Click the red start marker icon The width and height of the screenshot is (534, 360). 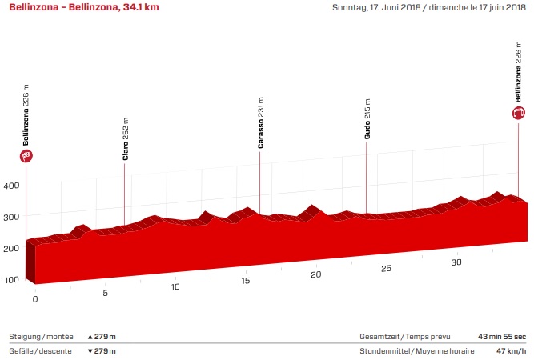point(26,156)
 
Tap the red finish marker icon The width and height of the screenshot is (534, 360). point(519,114)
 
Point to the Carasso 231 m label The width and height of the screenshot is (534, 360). point(261,124)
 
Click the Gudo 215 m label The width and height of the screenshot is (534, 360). point(367,121)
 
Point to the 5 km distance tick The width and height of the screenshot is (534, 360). point(105,293)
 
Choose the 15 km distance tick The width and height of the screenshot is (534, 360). point(246,281)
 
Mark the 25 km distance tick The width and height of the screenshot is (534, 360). point(386,268)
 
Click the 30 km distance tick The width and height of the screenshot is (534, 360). point(456,262)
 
